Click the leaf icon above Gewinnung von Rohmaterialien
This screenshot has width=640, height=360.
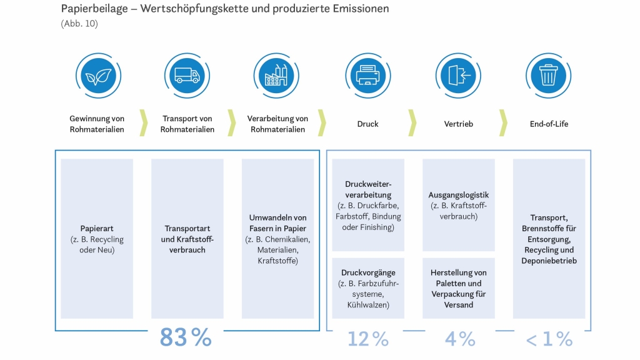pos(98,76)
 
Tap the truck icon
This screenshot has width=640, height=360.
pos(187,76)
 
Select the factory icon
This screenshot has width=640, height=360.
pos(276,76)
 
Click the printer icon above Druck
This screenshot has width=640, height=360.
pos(367,76)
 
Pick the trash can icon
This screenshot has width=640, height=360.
pos(548,76)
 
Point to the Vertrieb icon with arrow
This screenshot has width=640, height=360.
pos(458,76)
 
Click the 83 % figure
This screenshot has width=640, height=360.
pos(186,337)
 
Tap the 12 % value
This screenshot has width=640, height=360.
pos(368,339)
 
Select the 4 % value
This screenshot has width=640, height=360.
pos(460,339)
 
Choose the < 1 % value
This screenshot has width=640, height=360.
pos(549,339)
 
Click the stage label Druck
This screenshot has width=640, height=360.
pos(367,124)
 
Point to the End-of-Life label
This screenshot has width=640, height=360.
pos(549,124)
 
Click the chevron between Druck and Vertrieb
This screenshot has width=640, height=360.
pos(412,122)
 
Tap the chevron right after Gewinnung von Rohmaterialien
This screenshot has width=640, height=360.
pos(143,122)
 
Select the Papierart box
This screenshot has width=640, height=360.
pos(97,238)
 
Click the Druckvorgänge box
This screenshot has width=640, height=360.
pos(368,288)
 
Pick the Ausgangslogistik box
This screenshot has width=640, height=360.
pos(458,205)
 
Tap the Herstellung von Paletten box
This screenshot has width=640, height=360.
pos(458,288)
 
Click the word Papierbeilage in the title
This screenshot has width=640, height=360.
pos(94,9)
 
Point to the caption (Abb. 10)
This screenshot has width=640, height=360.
pos(79,24)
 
